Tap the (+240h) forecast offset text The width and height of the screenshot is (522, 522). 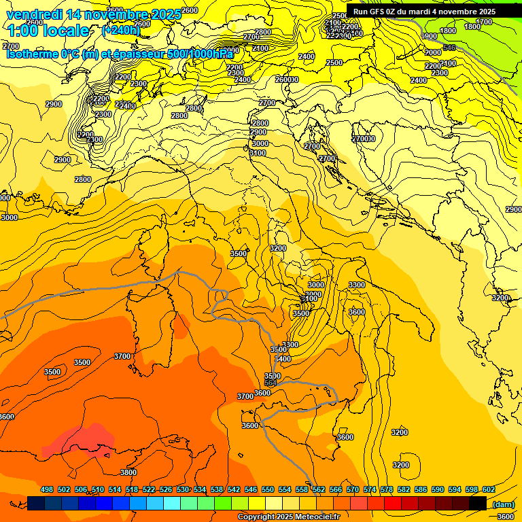click(121, 30)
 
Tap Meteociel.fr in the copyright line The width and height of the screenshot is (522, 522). click(321, 517)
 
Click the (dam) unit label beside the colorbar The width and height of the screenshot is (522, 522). click(503, 504)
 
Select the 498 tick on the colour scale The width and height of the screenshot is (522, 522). click(47, 490)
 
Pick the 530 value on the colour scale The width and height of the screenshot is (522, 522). click(183, 490)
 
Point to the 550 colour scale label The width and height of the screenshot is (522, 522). click(268, 490)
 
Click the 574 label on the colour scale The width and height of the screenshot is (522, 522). click(370, 490)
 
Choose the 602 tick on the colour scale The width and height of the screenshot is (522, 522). click(488, 490)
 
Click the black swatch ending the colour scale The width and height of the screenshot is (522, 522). click(478, 503)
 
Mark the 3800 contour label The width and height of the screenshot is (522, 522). click(128, 472)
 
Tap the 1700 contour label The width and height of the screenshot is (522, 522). click(483, 22)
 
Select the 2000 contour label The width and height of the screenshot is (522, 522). click(433, 52)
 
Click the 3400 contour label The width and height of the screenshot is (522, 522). click(283, 359)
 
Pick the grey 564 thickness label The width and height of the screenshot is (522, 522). click(271, 383)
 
